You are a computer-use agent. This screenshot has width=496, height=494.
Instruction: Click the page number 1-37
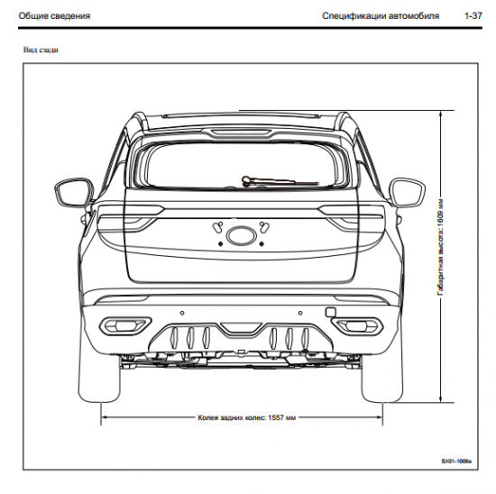point(473,16)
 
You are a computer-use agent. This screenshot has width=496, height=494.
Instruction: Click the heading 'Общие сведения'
point(54,16)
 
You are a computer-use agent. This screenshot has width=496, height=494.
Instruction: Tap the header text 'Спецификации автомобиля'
point(381,16)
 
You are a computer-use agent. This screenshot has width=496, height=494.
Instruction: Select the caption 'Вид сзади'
point(41,50)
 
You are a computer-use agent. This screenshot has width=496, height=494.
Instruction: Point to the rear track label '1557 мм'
point(282,417)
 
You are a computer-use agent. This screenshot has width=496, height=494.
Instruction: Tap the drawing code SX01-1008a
point(456,462)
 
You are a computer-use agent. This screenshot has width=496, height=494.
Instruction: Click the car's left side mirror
point(74,192)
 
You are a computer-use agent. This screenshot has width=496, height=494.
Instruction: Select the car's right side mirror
point(407,192)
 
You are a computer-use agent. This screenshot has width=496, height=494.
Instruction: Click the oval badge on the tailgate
point(241,235)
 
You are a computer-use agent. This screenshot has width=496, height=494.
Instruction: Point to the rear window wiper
point(280,181)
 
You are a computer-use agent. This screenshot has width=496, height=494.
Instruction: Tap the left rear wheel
point(99,380)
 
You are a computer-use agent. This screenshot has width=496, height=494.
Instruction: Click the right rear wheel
point(382,380)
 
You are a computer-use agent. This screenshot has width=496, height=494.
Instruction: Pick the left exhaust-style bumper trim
point(125,325)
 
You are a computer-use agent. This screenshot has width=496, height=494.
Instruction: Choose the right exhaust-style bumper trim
point(357,325)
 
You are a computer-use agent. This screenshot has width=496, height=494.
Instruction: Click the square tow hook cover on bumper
point(330,312)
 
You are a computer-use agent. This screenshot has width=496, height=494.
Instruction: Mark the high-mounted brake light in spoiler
point(241,133)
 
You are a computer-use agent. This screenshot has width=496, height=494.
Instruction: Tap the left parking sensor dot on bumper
point(182,313)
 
